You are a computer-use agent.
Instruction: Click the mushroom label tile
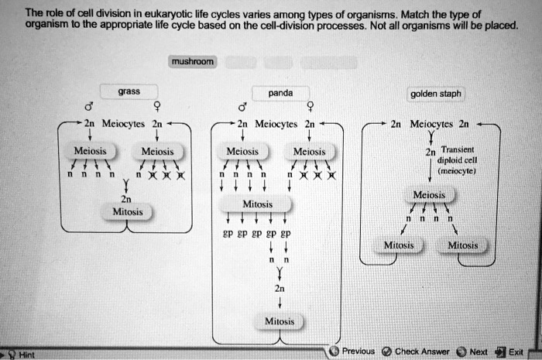(x=194, y=61)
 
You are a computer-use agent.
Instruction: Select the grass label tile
(x=129, y=91)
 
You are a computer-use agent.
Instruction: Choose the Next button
(x=473, y=351)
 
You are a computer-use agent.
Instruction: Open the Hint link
(x=22, y=354)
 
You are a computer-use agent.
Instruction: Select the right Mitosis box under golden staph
(x=463, y=245)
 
